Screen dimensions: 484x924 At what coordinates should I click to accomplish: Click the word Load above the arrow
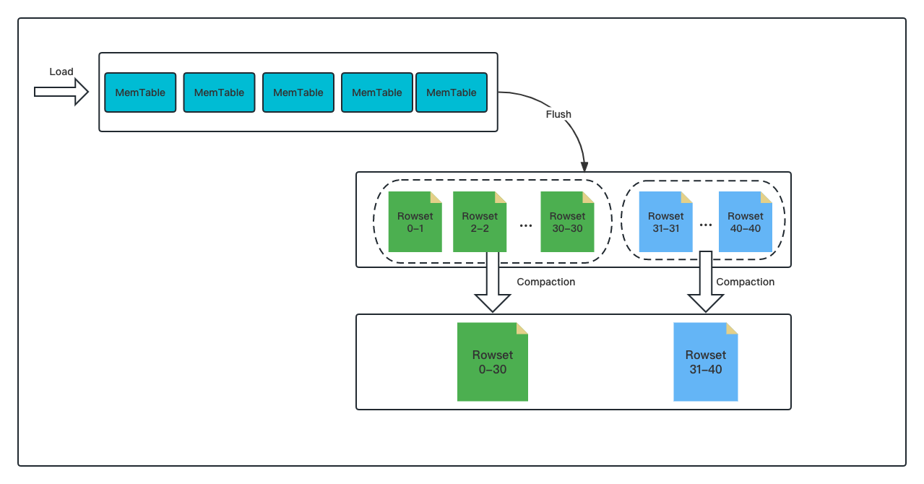[61, 72]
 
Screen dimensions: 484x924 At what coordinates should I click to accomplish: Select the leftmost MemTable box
[140, 92]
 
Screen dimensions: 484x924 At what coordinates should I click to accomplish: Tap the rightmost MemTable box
[452, 92]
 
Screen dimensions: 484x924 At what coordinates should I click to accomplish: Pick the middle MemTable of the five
[298, 92]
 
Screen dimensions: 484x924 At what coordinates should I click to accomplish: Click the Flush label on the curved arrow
[558, 114]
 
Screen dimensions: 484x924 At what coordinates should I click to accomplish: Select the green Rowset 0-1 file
[415, 222]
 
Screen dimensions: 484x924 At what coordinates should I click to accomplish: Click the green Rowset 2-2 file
[480, 222]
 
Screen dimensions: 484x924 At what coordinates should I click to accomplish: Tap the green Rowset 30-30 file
[567, 222]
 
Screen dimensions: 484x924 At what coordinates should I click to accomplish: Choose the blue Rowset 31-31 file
[665, 222]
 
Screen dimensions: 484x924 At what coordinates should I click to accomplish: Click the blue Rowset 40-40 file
[745, 222]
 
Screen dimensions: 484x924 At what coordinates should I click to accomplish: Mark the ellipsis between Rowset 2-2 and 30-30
[526, 225]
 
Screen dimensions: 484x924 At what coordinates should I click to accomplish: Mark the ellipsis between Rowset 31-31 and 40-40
[706, 225]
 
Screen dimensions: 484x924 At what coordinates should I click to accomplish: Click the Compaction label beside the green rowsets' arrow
[546, 282]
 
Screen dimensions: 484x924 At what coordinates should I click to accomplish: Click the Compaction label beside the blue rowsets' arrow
[746, 282]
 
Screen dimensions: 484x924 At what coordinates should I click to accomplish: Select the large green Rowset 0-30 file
[493, 362]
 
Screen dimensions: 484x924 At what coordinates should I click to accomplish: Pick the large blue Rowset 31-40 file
[706, 362]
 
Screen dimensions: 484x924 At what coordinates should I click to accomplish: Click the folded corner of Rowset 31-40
[732, 329]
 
